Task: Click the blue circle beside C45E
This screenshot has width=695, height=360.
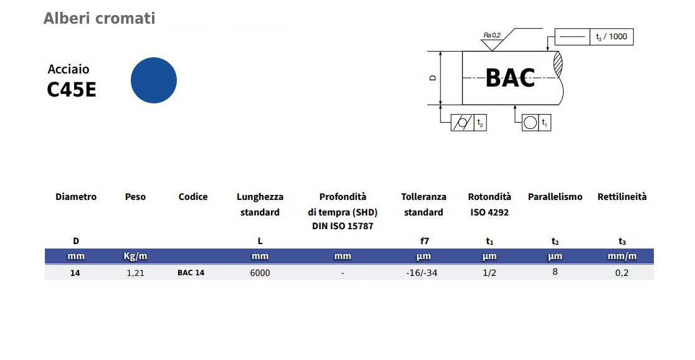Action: (154, 80)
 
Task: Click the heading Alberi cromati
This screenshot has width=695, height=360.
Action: (99, 19)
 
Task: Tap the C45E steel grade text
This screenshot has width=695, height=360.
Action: (72, 90)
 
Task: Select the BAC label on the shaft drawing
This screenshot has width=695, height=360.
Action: (510, 78)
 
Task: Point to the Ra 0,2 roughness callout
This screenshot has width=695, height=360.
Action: (492, 36)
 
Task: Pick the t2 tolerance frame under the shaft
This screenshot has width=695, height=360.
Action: (468, 123)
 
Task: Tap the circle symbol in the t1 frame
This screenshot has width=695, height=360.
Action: (530, 123)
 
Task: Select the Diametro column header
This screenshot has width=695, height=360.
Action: (76, 197)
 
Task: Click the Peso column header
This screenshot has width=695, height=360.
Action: (135, 197)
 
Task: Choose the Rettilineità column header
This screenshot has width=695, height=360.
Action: (622, 197)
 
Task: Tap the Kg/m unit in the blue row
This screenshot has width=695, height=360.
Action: (135, 256)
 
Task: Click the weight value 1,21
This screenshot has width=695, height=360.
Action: (135, 273)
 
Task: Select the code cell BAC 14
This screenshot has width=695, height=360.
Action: (191, 273)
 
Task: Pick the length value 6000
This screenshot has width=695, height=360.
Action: (260, 273)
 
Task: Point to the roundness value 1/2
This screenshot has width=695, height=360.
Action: (489, 273)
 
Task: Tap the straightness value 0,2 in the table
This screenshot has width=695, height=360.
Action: (622, 273)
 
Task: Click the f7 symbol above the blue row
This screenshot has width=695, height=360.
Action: (424, 241)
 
